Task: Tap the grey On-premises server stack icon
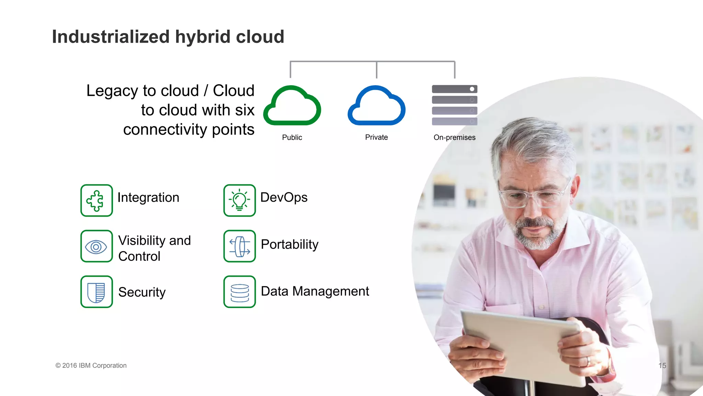[x=454, y=105]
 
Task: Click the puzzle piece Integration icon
[x=96, y=200]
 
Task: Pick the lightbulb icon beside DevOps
[x=240, y=200]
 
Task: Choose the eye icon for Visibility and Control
[x=96, y=246]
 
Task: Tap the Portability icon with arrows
[x=240, y=246]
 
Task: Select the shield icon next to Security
[x=96, y=292]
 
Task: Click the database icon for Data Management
[x=240, y=292]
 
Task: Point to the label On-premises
[x=454, y=137]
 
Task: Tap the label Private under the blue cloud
[x=377, y=137]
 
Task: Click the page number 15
[x=662, y=366]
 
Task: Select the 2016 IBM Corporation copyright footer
[x=91, y=366]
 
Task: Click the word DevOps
[x=284, y=198]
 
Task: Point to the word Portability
[x=290, y=244]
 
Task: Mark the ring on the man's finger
[x=588, y=361]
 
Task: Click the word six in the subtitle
[x=245, y=110]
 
